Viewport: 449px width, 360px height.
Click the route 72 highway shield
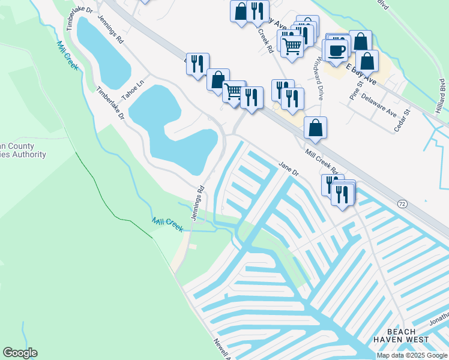[x=402, y=204]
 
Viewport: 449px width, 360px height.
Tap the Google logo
[x=20, y=353]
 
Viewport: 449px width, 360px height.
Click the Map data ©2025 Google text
[x=412, y=355]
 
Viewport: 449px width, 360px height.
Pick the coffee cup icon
[x=338, y=49]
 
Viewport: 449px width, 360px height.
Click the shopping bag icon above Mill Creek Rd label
[x=315, y=127]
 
